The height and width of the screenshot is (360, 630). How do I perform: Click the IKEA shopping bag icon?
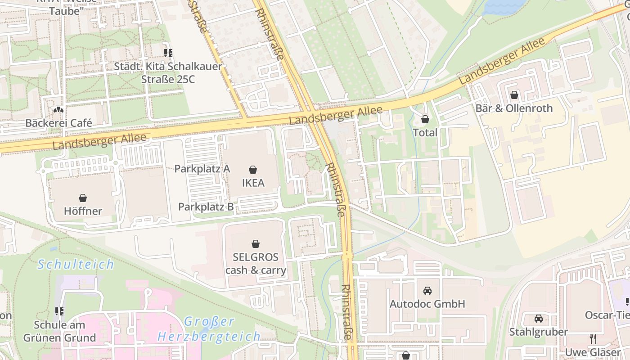pyautogui.click(x=253, y=170)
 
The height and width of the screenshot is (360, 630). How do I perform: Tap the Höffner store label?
pyautogui.click(x=83, y=211)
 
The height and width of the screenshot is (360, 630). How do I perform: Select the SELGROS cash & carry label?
pyautogui.click(x=256, y=264)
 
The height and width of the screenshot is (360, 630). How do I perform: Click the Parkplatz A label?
pyautogui.click(x=202, y=169)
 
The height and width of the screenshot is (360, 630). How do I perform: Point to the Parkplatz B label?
pyautogui.click(x=206, y=207)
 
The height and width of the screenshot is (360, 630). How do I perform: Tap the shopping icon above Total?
pyautogui.click(x=425, y=119)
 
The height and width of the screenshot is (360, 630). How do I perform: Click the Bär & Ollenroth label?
pyautogui.click(x=514, y=108)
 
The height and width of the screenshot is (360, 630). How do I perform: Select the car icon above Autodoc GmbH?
pyautogui.click(x=427, y=291)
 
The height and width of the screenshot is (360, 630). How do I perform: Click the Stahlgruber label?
pyautogui.click(x=538, y=332)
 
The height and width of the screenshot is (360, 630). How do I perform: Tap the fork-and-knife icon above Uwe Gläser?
pyautogui.click(x=593, y=338)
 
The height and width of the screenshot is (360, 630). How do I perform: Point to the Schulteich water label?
pyautogui.click(x=76, y=264)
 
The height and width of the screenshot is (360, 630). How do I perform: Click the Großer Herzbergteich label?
pyautogui.click(x=209, y=329)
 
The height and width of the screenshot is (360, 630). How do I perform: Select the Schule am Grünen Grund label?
pyautogui.click(x=59, y=331)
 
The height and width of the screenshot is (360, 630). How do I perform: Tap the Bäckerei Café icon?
pyautogui.click(x=58, y=110)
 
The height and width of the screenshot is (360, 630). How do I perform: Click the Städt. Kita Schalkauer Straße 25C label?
pyautogui.click(x=168, y=72)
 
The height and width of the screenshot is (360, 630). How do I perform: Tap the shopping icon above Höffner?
pyautogui.click(x=83, y=198)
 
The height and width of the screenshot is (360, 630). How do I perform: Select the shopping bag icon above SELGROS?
pyautogui.click(x=256, y=244)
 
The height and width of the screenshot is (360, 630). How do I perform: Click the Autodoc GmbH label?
pyautogui.click(x=427, y=304)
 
